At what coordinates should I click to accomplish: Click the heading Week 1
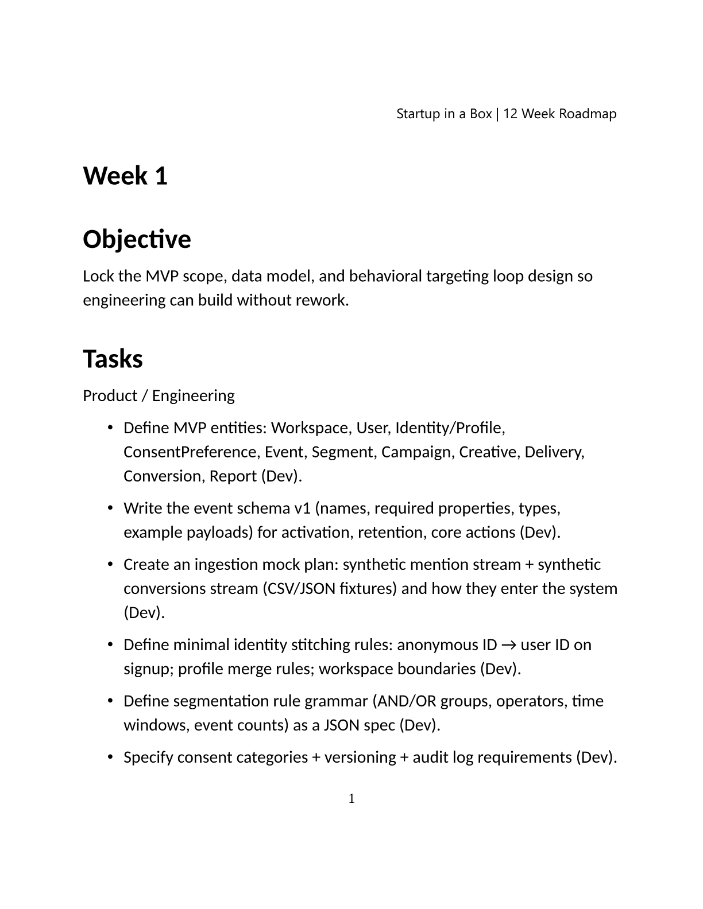point(125,176)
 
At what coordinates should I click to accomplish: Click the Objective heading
point(137,239)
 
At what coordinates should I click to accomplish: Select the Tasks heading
point(113,359)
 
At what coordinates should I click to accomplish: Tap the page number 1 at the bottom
point(351,798)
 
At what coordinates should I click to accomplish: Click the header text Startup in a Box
point(444,114)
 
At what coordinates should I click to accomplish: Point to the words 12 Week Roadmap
point(560,114)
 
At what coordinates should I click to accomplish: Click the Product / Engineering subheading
point(159,396)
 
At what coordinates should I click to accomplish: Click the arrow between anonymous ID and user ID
point(508,645)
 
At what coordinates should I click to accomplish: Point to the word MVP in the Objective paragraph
point(161,277)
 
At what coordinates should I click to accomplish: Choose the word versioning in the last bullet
point(359,757)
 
